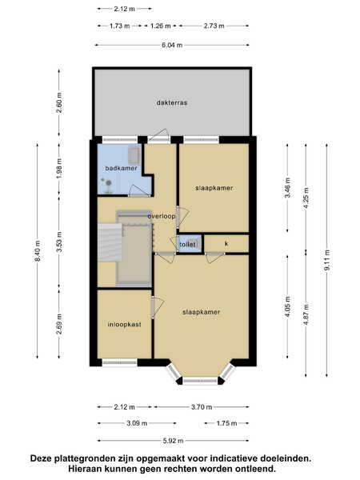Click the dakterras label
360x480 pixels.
[x=172, y=103]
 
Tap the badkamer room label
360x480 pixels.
[x=122, y=168]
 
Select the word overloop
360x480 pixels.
[x=162, y=216]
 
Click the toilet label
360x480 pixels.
[x=187, y=244]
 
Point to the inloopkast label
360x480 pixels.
[x=124, y=325]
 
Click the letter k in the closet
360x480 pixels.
[x=226, y=244]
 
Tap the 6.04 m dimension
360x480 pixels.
[x=172, y=46]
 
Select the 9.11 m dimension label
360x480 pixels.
[x=327, y=260]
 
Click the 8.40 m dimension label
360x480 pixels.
[x=38, y=251]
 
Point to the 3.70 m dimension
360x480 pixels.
[x=202, y=407]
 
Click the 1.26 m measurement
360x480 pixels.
[x=161, y=26]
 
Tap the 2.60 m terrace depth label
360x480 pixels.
[x=59, y=102]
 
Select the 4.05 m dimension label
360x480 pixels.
[x=287, y=306]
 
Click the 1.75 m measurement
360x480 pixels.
[x=227, y=423]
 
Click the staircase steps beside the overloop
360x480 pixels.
[x=110, y=242]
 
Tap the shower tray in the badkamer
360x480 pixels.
[x=134, y=155]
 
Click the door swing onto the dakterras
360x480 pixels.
[x=159, y=135]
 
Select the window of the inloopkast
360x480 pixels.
[x=119, y=362]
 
